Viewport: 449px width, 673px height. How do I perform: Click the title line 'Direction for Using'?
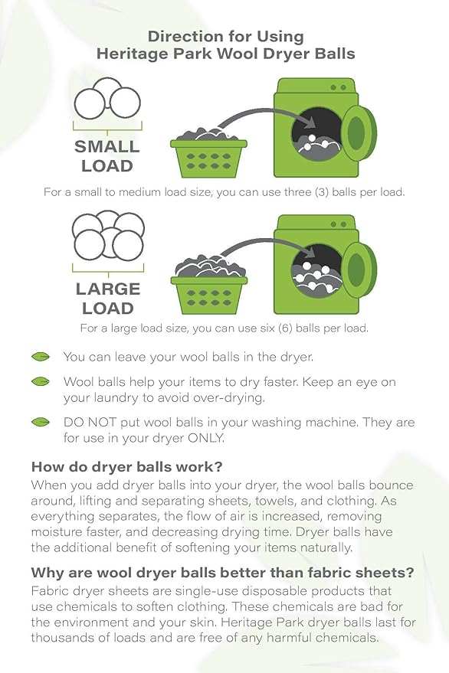tap(225, 36)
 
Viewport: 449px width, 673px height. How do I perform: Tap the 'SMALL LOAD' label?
tap(107, 156)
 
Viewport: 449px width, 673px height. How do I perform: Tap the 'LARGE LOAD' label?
tap(107, 299)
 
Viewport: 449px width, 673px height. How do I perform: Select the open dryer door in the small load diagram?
tap(356, 132)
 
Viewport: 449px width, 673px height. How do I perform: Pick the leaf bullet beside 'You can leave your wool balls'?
tap(41, 357)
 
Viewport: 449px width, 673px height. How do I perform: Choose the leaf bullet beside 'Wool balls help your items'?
tap(41, 381)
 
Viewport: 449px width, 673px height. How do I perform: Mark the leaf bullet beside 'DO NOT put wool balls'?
tap(41, 423)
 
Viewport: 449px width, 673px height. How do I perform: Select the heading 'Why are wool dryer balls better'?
tap(223, 573)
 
